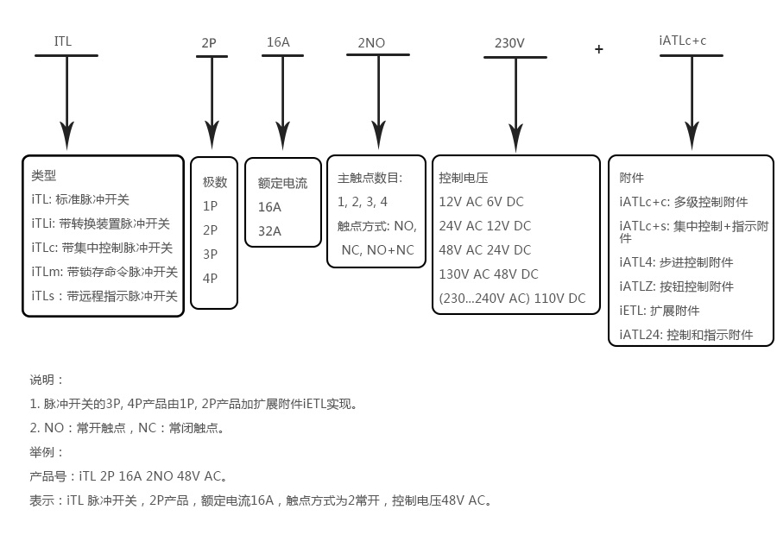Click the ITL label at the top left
(63, 41)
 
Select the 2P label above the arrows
(209, 42)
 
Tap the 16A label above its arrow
(278, 41)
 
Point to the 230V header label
(509, 43)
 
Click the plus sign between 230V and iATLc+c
(599, 49)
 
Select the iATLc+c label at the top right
(682, 41)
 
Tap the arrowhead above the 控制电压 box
(515, 137)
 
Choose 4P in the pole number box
(210, 279)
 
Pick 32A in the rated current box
(269, 231)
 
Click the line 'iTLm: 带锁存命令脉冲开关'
(104, 272)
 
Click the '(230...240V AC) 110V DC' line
(512, 299)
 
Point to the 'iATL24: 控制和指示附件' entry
(686, 335)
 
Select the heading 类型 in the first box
(43, 175)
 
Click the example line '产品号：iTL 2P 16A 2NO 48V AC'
(129, 475)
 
